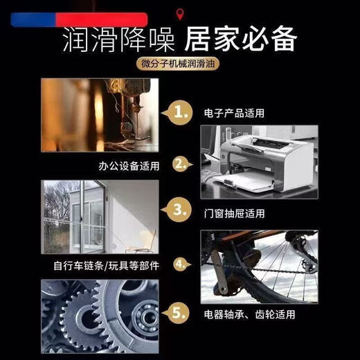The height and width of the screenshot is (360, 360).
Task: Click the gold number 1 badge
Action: pyautogui.click(x=180, y=113)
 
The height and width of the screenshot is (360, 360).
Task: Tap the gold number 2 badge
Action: pyautogui.click(x=182, y=164)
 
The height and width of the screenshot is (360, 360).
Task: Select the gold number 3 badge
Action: pyautogui.click(x=179, y=210)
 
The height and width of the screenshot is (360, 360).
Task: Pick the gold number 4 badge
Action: pyautogui.click(x=182, y=264)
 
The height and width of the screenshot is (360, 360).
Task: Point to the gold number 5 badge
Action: pyautogui.click(x=178, y=313)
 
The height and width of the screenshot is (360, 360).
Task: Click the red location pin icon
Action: pyautogui.click(x=179, y=15)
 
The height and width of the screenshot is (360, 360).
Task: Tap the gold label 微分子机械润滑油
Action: pyautogui.click(x=178, y=64)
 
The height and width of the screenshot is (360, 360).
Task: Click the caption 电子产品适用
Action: pyautogui.click(x=234, y=113)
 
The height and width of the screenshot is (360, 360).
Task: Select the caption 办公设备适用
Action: pyautogui.click(x=129, y=166)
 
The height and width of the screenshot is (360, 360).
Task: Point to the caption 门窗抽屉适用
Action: pyautogui.click(x=234, y=214)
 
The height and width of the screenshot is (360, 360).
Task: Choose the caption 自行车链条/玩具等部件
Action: pyautogui.click(x=106, y=266)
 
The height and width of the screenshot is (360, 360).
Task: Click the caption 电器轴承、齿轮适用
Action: pyautogui.click(x=249, y=314)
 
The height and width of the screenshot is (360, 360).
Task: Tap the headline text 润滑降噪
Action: pyautogui.click(x=118, y=39)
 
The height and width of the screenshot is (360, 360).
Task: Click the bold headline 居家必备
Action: pyautogui.click(x=240, y=39)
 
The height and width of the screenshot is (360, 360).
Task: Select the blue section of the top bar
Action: pyautogui.click(x=33, y=20)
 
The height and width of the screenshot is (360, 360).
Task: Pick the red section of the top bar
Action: pyautogui.click(x=102, y=20)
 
